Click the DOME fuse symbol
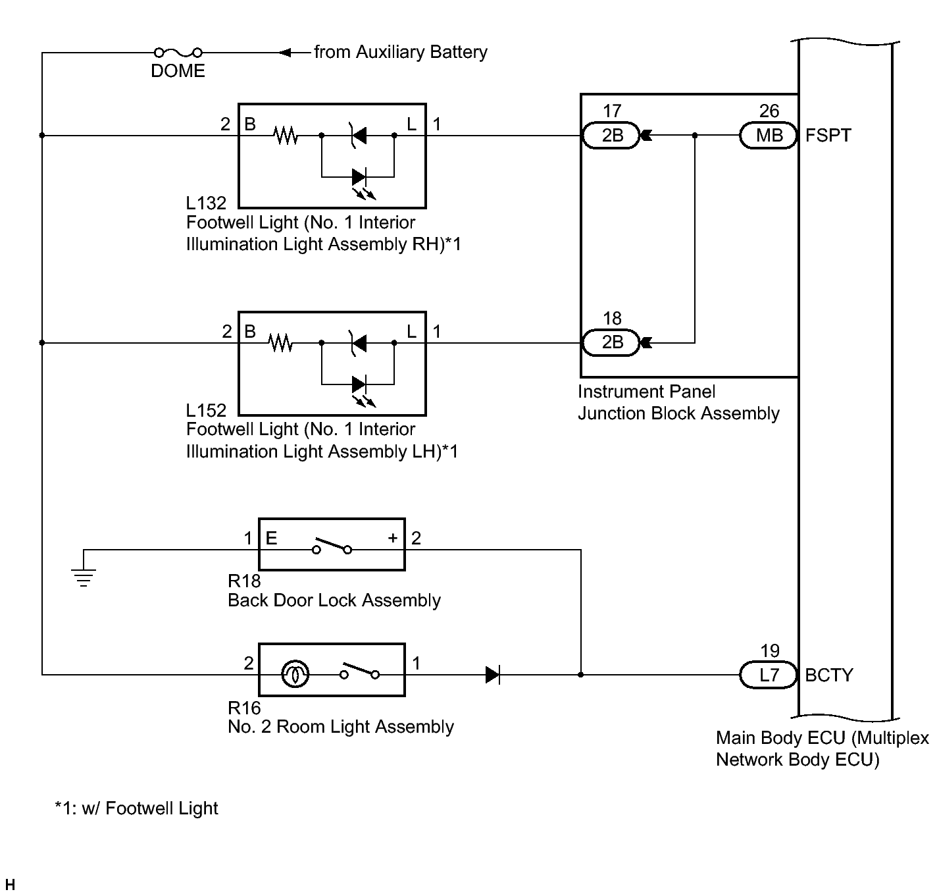tap(178, 53)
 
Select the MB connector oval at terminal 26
tap(769, 136)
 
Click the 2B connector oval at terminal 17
tap(612, 136)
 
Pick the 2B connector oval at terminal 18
tap(612, 342)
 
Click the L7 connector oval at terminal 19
tap(769, 675)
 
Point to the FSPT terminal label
tap(828, 136)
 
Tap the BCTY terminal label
tap(828, 675)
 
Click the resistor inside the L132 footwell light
tap(286, 136)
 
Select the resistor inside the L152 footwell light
tap(281, 343)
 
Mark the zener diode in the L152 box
tap(359, 343)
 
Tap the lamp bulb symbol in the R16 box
tap(294, 675)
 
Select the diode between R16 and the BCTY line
tap(493, 675)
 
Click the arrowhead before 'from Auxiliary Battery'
tap(285, 53)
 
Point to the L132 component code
tap(206, 203)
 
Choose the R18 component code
tap(244, 581)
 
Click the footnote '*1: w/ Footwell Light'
tap(136, 808)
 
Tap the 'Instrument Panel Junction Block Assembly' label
tap(678, 402)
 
